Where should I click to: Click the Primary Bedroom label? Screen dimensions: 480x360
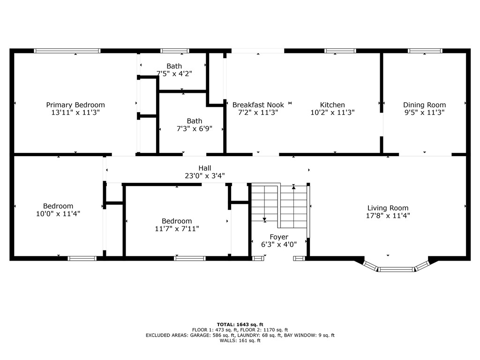pos(75,105)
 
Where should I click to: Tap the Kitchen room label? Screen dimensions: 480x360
pos(332,105)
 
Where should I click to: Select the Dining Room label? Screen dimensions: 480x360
pos(424,105)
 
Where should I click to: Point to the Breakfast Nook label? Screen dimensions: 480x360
pos(258,105)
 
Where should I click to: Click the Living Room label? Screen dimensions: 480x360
pos(388,208)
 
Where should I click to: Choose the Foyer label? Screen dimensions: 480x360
pos(279,237)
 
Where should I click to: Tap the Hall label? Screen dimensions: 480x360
pos(205,168)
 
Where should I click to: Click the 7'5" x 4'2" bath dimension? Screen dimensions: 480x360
pos(174,74)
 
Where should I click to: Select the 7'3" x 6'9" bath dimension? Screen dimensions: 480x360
pos(195,128)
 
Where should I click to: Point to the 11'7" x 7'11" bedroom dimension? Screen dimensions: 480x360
pos(177,229)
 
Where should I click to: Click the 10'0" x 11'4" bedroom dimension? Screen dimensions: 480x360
pos(58,214)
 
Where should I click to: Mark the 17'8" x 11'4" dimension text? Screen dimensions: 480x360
pos(388,216)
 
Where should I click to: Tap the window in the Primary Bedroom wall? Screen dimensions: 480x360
pos(67,51)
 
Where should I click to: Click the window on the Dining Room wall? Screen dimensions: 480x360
pos(425,51)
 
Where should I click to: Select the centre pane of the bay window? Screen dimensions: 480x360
pos(396,270)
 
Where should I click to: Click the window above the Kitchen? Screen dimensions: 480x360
pos(340,51)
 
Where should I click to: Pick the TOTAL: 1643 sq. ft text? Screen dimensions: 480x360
pos(240,324)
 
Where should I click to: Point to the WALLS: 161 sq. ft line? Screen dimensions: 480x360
pos(240,340)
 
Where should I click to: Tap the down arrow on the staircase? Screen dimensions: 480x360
pos(264,219)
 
